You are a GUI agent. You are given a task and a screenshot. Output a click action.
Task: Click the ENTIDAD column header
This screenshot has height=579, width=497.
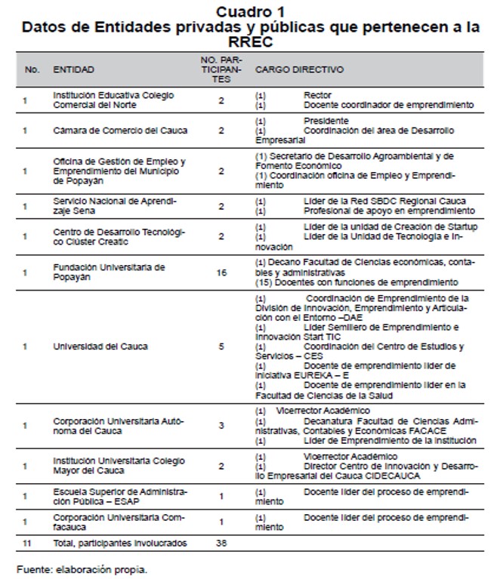(x=73, y=69)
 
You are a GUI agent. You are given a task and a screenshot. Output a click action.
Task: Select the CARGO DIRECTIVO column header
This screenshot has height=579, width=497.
(x=299, y=69)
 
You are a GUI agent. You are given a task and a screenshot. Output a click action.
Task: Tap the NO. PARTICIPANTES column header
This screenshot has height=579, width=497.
(x=221, y=69)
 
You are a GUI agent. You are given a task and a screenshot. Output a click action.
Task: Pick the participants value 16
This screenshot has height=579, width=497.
(x=221, y=273)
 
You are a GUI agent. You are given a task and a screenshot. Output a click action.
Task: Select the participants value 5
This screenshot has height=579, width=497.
(x=221, y=346)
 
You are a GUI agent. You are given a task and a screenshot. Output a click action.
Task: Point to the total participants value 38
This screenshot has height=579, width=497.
(x=221, y=543)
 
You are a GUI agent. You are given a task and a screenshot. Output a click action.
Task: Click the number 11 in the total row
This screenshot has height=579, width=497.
(x=27, y=543)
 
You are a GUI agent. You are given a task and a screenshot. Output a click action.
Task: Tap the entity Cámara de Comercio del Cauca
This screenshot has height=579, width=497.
(x=120, y=131)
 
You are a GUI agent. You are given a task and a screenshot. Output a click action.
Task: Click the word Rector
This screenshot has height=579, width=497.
(x=317, y=95)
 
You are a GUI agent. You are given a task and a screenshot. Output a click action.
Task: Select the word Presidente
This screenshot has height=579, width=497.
(x=326, y=121)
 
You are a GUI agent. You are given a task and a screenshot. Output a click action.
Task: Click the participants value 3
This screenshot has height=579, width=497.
(x=221, y=426)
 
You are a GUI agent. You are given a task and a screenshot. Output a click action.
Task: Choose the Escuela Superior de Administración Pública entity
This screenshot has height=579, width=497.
(x=120, y=495)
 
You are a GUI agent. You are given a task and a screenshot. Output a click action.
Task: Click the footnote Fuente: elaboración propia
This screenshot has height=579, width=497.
(x=82, y=568)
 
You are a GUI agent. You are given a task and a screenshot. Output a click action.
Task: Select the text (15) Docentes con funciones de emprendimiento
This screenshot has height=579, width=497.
(x=357, y=282)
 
